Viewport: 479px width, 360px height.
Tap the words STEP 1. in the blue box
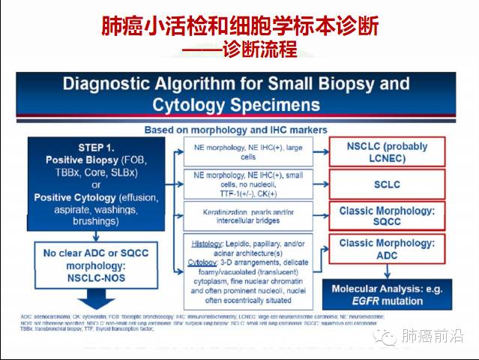tap(95, 147)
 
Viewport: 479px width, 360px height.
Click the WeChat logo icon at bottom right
tap(387, 337)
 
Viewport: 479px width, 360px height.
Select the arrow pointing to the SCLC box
tap(316, 184)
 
